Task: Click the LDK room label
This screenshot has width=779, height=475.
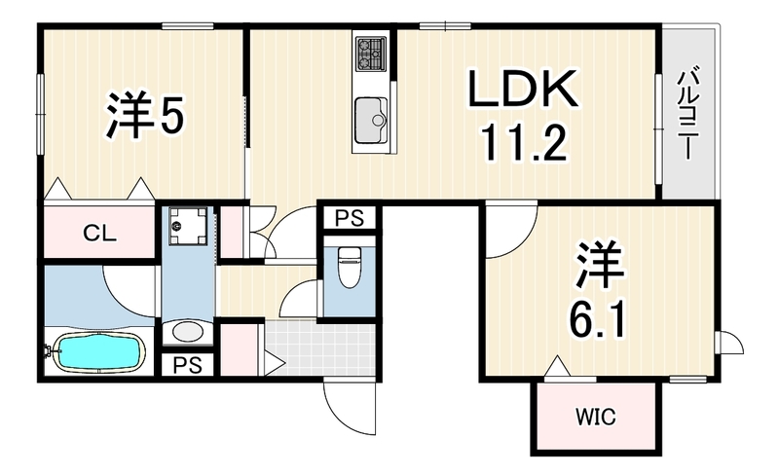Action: pyautogui.click(x=523, y=89)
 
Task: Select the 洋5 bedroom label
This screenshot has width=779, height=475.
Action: pyautogui.click(x=145, y=114)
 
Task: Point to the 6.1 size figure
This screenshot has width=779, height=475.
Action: pyautogui.click(x=595, y=319)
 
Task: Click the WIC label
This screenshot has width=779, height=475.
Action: pyautogui.click(x=596, y=417)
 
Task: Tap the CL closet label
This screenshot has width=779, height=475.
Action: pyautogui.click(x=99, y=233)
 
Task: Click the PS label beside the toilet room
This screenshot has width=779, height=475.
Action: pyautogui.click(x=350, y=218)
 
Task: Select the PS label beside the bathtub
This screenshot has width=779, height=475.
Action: pyautogui.click(x=187, y=365)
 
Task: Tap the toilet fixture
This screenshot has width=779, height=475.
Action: pyautogui.click(x=349, y=267)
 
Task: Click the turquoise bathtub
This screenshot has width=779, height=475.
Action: pyautogui.click(x=99, y=351)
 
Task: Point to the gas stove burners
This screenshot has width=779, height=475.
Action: pyautogui.click(x=371, y=54)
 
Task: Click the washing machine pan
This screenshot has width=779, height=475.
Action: pyautogui.click(x=188, y=226)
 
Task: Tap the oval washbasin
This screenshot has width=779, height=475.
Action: pyautogui.click(x=188, y=332)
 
